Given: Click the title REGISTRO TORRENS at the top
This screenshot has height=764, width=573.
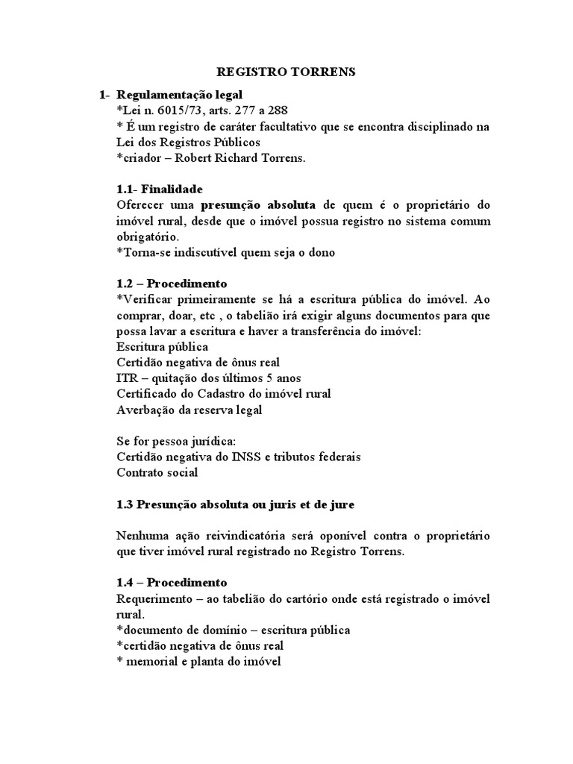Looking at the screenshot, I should point(286,72).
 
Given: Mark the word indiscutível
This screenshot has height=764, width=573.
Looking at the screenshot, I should point(208,252).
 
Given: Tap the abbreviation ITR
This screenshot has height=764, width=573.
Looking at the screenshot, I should point(128,378).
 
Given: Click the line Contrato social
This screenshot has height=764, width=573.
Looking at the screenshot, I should point(157,472).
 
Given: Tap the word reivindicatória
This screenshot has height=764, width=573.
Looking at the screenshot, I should point(235,536).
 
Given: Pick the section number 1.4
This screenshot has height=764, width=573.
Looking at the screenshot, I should point(127,582).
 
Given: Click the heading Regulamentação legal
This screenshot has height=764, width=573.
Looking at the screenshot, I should point(180,95).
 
